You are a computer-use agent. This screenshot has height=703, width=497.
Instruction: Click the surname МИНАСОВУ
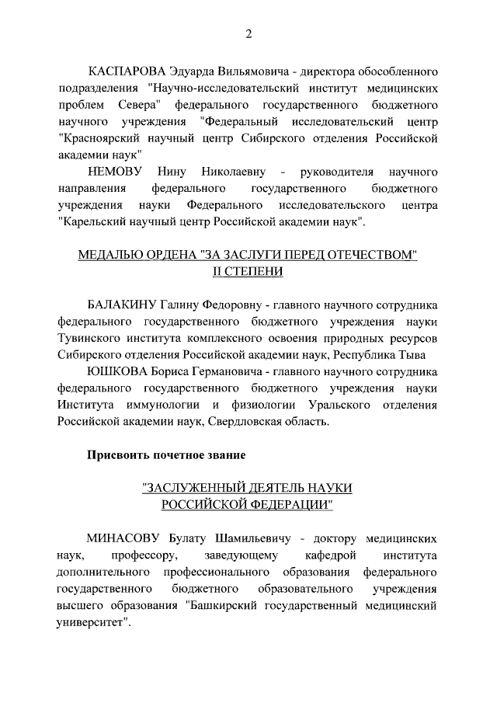click(124, 538)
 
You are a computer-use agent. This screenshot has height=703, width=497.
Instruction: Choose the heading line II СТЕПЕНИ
click(248, 271)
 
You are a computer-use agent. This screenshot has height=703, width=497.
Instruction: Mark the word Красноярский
click(99, 138)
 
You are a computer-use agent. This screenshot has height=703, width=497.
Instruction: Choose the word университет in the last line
click(89, 622)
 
